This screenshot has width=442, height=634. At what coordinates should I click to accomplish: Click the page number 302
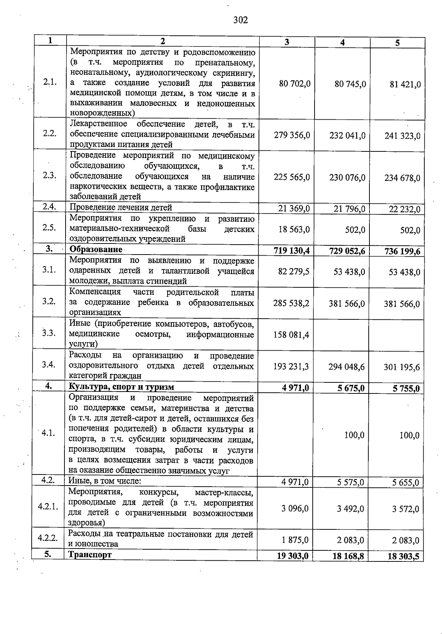[241, 20]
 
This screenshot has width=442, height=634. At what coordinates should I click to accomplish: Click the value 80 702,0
[295, 84]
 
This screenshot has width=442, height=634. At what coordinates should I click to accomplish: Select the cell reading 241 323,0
[402, 136]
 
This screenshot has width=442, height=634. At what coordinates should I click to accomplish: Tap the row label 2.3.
[49, 175]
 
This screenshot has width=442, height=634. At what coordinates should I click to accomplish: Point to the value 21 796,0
[349, 209]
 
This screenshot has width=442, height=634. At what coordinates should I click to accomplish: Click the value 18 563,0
[294, 230]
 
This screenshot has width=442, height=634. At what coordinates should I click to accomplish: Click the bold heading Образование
[96, 249]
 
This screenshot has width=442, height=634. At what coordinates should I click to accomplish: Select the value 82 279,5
[294, 272]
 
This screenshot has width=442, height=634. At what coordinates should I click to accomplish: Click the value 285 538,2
[291, 303]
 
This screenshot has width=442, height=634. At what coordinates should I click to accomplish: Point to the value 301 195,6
[401, 367]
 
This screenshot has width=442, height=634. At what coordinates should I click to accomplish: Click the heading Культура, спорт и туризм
[121, 387]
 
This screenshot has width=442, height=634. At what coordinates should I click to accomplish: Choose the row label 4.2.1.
[48, 506]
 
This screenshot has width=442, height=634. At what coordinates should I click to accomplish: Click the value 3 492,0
[350, 509]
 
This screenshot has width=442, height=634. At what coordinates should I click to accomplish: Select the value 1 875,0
[295, 540]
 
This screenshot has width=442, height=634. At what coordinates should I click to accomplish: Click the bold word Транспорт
[90, 555]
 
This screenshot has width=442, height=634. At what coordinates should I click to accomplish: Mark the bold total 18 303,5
[403, 557]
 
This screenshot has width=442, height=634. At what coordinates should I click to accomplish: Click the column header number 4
[342, 42]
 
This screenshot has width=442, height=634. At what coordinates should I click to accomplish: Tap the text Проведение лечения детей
[121, 207]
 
